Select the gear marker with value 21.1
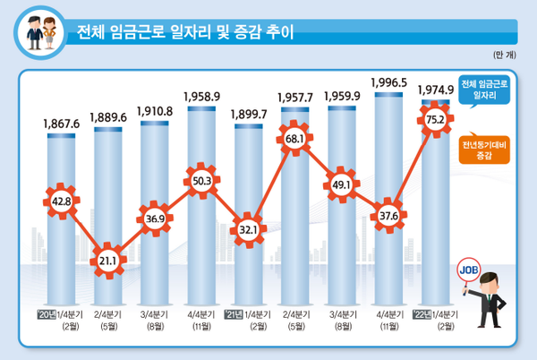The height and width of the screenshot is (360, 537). pos(108,261)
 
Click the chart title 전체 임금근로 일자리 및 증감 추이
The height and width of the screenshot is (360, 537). pos(186,36)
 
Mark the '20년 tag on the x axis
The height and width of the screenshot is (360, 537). pos(47,315)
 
